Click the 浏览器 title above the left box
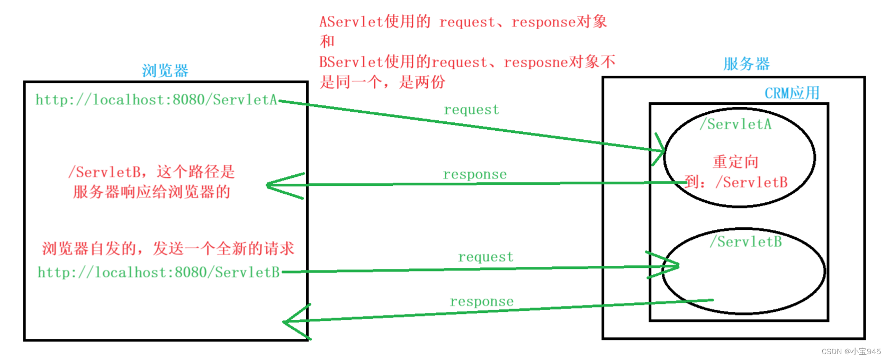pyautogui.click(x=165, y=70)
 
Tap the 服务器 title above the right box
pyautogui.click(x=746, y=64)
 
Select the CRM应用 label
pyautogui.click(x=792, y=93)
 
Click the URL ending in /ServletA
pyautogui.click(x=156, y=100)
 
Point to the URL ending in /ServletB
pyautogui.click(x=158, y=272)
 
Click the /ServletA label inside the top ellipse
pyautogui.click(x=735, y=124)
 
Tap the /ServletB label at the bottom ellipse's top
pyautogui.click(x=746, y=242)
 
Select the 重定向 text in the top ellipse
pyautogui.click(x=735, y=161)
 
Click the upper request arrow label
pyautogui.click(x=471, y=110)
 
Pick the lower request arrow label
pyautogui.click(x=486, y=257)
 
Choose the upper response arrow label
pyautogui.click(x=474, y=174)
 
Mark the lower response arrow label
pyautogui.click(x=481, y=301)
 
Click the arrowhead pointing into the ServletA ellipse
pyautogui.click(x=661, y=150)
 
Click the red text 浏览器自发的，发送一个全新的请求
pyautogui.click(x=168, y=248)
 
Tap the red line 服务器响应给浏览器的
pyautogui.click(x=151, y=192)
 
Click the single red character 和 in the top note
pyautogui.click(x=327, y=41)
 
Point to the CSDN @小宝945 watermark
pyautogui.click(x=851, y=352)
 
